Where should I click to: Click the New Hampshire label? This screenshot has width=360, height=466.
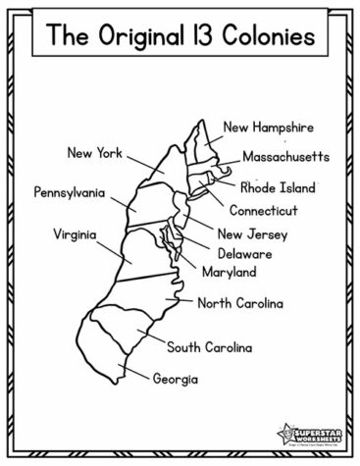pos(268,128)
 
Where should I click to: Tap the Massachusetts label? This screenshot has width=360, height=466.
pos(285,157)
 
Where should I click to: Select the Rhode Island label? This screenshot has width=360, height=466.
pos(278,186)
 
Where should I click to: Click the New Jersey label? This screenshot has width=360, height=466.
pos(250,234)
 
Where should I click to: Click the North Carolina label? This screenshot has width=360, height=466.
pos(240,304)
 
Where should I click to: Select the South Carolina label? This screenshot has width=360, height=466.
pos(209,347)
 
